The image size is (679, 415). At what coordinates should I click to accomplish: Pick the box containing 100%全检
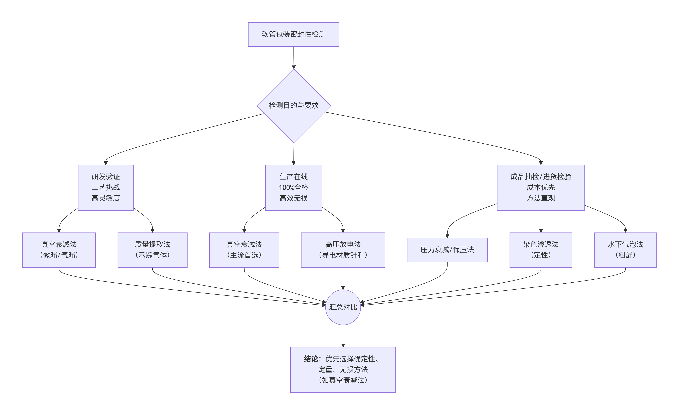pyautogui.click(x=294, y=188)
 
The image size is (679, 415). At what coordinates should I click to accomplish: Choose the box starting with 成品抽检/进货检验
pyautogui.click(x=541, y=188)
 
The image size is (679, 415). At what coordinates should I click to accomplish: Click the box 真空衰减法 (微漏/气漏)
pyautogui.click(x=59, y=250)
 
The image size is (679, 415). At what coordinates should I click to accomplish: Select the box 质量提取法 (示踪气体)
pyautogui.click(x=152, y=250)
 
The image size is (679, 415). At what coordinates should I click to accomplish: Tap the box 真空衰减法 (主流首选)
pyautogui.click(x=244, y=250)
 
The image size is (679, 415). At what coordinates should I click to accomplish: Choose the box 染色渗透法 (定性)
pyautogui.click(x=541, y=250)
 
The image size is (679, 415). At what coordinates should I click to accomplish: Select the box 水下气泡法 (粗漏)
pyautogui.click(x=625, y=250)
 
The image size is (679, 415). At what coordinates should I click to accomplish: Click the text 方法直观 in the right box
pyautogui.click(x=541, y=198)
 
